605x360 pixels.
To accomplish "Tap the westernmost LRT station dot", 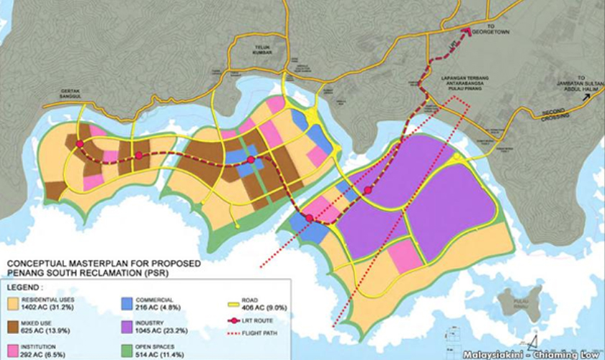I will click(80, 144).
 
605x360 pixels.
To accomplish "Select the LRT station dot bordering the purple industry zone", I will click(368, 190).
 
